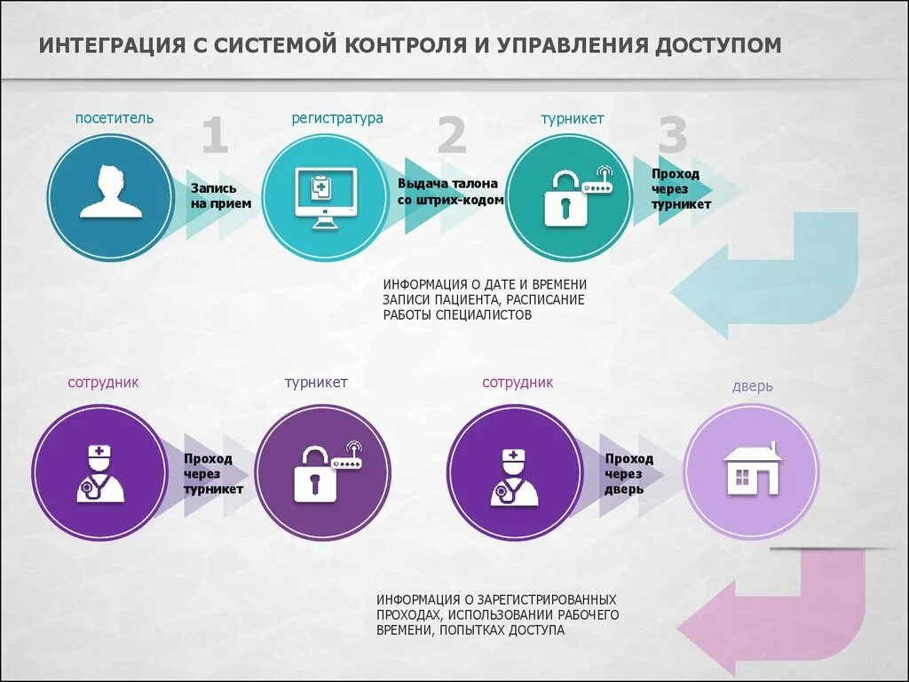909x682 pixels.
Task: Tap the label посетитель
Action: click(114, 118)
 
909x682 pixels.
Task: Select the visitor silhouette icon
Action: click(111, 192)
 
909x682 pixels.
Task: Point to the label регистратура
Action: click(337, 118)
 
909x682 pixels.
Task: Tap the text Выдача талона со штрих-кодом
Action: click(450, 192)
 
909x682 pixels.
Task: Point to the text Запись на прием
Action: click(220, 196)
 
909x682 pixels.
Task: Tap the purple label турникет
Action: click(316, 383)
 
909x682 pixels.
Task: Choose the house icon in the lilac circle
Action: click(752, 469)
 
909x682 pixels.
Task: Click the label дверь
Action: click(752, 386)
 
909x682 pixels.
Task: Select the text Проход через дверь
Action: click(629, 473)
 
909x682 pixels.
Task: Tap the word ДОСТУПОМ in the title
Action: click(719, 45)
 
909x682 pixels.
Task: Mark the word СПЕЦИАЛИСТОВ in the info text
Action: click(484, 315)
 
